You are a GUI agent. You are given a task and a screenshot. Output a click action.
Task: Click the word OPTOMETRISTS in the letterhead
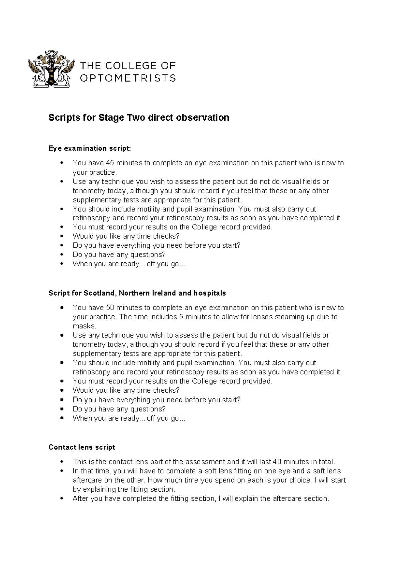coord(128,78)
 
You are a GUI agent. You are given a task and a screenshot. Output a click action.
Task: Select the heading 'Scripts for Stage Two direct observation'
coord(139,118)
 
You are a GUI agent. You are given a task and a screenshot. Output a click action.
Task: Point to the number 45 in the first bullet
coord(110,163)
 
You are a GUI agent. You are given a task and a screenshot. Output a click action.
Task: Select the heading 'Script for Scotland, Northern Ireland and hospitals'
coord(137,293)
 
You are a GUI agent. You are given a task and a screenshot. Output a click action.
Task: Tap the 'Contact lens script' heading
coord(82,447)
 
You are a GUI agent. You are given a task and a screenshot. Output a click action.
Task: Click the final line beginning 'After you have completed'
coord(200,499)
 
